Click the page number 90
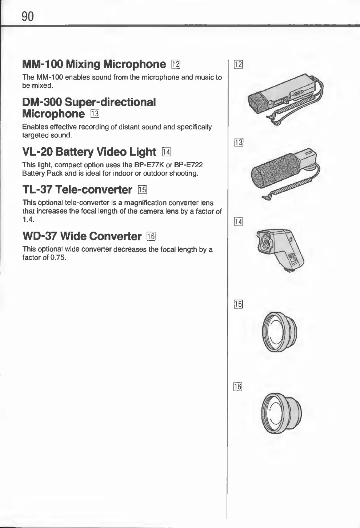click(x=28, y=16)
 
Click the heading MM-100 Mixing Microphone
click(x=94, y=64)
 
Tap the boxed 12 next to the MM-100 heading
click(x=176, y=65)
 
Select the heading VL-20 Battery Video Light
click(x=89, y=152)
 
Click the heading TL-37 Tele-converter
click(x=77, y=189)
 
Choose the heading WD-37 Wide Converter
click(x=82, y=236)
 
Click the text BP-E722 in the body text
click(x=191, y=165)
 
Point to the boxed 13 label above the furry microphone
click(x=238, y=142)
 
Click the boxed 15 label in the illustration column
click(x=238, y=304)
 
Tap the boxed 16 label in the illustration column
click(x=238, y=387)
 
